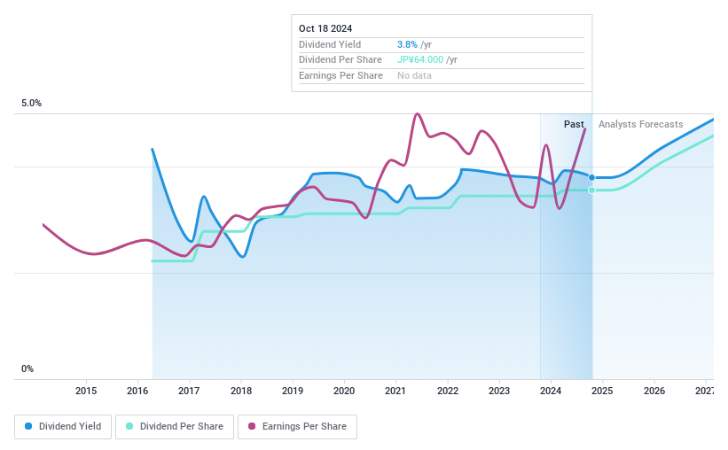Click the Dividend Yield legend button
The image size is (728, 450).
coord(63,426)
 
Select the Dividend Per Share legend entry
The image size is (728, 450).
coord(176,426)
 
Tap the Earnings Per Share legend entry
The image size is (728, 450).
coord(297,426)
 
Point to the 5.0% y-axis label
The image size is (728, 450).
coord(32,104)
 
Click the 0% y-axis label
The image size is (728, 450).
coord(27,369)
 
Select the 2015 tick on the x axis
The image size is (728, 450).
coord(86,391)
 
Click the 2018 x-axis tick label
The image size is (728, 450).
coord(240,391)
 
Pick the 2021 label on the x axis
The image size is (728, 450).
coord(395,391)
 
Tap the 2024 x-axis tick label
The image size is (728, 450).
coord(551,391)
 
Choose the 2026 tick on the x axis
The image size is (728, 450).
coord(654,391)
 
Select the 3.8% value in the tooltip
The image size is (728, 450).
coord(408,44)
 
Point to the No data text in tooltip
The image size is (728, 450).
coord(415,76)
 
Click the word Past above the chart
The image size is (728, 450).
coord(574,124)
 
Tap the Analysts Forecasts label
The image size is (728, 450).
coord(640,124)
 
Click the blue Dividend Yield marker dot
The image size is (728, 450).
coord(591,178)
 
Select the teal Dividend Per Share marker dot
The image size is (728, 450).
coord(591,190)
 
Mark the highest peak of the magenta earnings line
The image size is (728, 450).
coord(417,114)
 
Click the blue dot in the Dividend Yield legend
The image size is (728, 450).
coord(29,426)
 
